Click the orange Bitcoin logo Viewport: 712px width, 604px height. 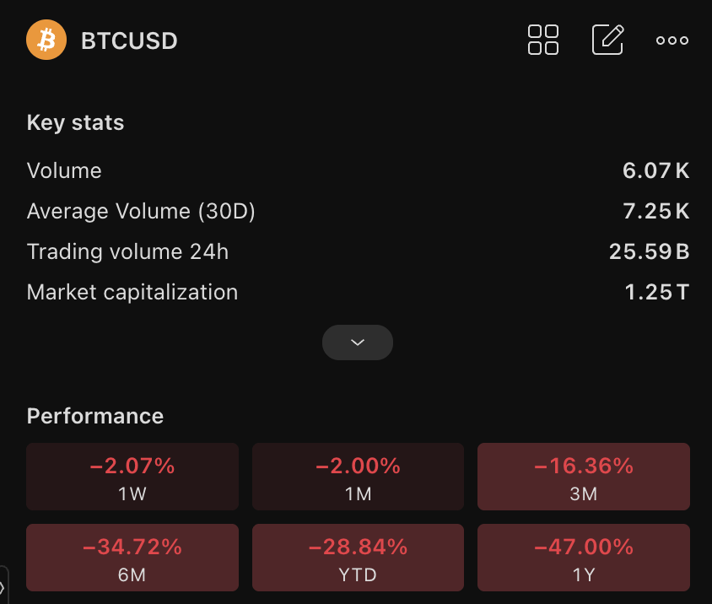click(46, 40)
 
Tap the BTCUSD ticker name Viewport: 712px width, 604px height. click(129, 40)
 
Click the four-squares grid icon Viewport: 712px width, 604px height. click(543, 40)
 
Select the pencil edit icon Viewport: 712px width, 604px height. click(608, 40)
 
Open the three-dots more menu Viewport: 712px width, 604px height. click(672, 40)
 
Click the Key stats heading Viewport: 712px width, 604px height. click(75, 122)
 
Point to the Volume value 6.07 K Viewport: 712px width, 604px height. click(655, 170)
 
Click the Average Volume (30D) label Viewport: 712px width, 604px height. click(141, 211)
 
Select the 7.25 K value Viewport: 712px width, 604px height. click(655, 211)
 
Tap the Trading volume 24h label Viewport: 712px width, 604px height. click(127, 251)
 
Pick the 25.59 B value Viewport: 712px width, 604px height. click(650, 251)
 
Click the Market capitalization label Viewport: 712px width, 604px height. click(132, 292)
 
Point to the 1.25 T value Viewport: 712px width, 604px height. click(657, 292)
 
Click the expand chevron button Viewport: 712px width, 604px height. click(358, 342)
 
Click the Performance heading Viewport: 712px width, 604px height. click(94, 416)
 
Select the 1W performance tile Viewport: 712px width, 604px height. click(132, 477)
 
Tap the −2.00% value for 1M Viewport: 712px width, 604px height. click(358, 466)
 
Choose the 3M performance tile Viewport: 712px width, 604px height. click(584, 477)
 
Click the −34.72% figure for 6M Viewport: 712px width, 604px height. click(132, 547)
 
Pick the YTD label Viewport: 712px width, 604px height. click(358, 575)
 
